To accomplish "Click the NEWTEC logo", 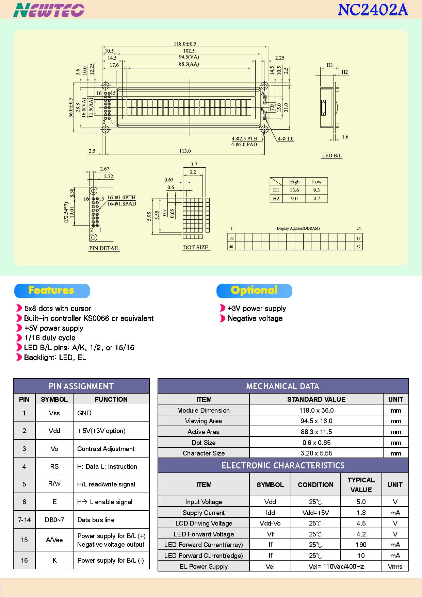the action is click(49, 10).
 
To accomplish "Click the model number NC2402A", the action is click(373, 10).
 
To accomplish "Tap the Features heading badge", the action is click(52, 291).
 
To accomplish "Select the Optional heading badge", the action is click(254, 291).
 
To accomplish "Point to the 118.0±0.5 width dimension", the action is click(185, 44).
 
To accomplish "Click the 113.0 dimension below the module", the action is click(185, 151).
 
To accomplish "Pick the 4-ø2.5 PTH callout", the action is click(244, 138).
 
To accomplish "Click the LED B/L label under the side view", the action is click(331, 155).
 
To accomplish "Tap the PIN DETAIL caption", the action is click(104, 248).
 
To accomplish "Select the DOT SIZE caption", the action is click(196, 247).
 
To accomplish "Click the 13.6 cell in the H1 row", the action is click(294, 190).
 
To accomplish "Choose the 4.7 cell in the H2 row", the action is click(316, 198).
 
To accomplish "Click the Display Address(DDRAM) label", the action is click(298, 228).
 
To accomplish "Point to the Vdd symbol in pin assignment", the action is click(54, 431).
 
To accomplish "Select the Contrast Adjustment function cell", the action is click(106, 449).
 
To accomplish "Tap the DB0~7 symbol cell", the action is click(54, 520).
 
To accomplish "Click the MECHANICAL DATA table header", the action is click(283, 386).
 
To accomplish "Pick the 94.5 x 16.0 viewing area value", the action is click(316, 421).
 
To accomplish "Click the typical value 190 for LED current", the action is click(361, 545).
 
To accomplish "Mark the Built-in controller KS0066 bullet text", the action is click(89, 318).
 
